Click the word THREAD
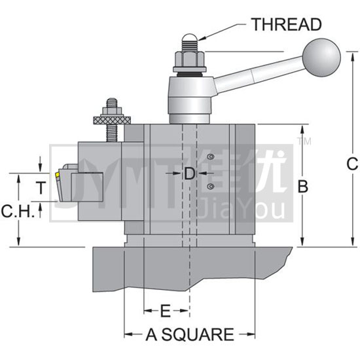pos(286,24)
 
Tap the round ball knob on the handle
pos(321,58)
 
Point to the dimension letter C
pos(352,164)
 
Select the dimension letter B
pos(302,186)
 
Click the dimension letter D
pos(190,173)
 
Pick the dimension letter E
pos(166,311)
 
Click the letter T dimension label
pos(41,187)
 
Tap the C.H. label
pos(18,211)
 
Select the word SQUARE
pos(198,334)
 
